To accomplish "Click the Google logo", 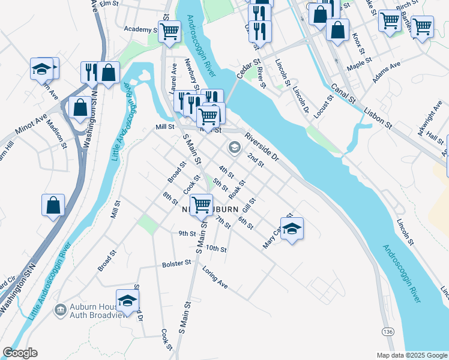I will [x=20, y=353].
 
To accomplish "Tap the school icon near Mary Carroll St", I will [x=292, y=228].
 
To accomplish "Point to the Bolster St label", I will [x=176, y=263].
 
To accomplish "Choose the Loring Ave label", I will [x=215, y=277].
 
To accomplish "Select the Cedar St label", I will [x=248, y=68].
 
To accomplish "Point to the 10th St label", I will [x=215, y=248].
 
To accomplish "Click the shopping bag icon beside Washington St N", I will [x=80, y=108].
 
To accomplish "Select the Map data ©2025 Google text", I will [x=412, y=355].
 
